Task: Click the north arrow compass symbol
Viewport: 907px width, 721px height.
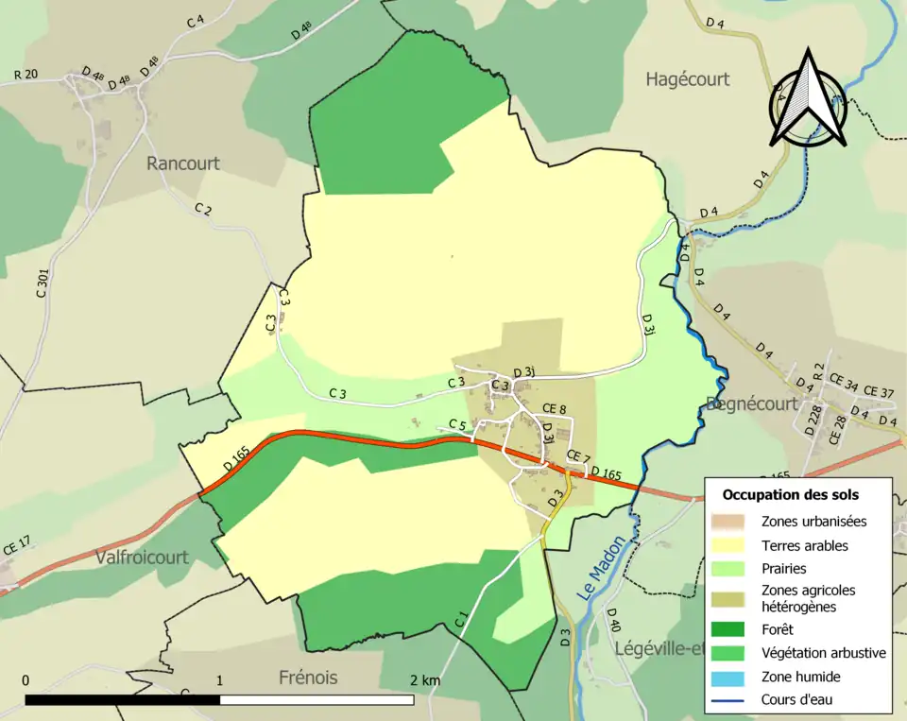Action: point(807,97)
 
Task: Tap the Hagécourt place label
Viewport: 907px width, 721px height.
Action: point(687,79)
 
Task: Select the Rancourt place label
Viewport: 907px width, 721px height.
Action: point(182,163)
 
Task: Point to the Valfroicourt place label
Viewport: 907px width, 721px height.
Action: point(142,558)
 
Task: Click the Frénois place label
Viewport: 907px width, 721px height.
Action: point(308,678)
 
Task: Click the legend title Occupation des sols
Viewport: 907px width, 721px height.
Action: point(790,494)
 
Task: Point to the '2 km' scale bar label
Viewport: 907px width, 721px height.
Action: point(424,680)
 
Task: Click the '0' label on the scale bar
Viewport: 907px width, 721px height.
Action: point(25,680)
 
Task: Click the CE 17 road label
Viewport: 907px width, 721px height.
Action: point(17,544)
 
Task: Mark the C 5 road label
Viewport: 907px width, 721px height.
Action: point(457,424)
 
